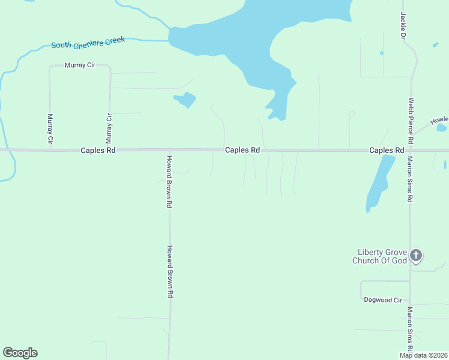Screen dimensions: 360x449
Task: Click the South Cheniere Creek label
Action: point(88,43)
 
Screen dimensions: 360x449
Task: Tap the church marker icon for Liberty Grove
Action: point(416,256)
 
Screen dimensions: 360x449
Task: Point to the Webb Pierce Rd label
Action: point(411,121)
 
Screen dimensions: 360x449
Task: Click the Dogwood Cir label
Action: point(382,299)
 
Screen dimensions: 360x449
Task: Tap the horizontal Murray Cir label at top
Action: point(80,65)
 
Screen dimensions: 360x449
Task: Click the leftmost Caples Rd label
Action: point(98,151)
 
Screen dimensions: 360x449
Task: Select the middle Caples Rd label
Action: point(243,150)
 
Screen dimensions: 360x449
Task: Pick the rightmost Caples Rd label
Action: point(387,150)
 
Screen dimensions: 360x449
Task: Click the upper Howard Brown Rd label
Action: point(170,182)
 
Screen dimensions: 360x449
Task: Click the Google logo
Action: point(20,353)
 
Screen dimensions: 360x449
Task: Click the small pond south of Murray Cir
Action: point(185,100)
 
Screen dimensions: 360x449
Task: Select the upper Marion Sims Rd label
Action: point(410,179)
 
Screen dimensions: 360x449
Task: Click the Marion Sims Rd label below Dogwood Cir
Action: point(410,330)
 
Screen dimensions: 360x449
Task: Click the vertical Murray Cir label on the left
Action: point(50,129)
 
